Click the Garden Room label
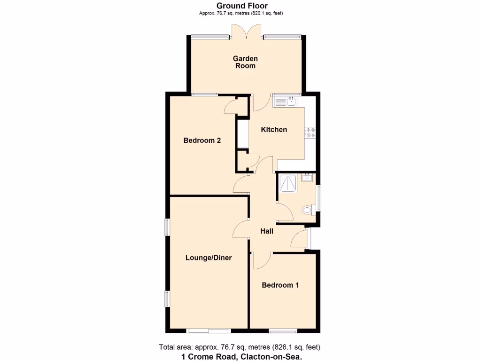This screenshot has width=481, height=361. tap(245, 62)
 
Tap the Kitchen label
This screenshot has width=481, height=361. tap(274, 129)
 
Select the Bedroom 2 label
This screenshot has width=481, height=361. tap(202, 140)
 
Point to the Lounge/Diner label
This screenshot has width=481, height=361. tap(209, 258)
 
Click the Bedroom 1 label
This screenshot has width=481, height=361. tap(280, 285)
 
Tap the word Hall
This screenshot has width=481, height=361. tap(267, 231)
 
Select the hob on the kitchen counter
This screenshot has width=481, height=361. tap(310, 133)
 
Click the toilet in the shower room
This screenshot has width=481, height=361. tap(308, 210)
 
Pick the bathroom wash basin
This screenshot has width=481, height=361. tap(307, 178)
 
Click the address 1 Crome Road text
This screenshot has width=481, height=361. tap(241, 356)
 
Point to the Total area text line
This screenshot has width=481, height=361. tap(240, 347)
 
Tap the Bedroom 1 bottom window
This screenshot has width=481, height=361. tap(283, 331)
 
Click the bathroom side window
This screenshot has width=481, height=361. tap(319, 198)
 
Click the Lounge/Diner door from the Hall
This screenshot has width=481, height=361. tap(240, 230)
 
